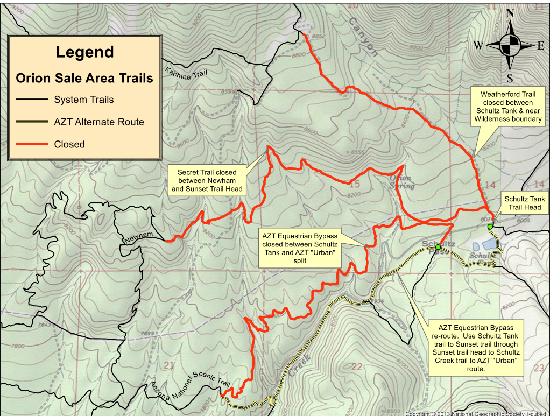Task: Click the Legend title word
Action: [85, 52]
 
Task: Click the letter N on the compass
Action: [510, 13]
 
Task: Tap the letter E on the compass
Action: [540, 46]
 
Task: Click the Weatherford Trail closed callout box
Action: [507, 107]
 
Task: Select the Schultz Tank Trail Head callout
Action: [525, 203]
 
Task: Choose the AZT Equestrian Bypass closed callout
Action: [300, 249]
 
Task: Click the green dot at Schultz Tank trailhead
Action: [490, 227]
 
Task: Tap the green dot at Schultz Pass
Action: [438, 247]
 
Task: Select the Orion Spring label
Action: [402, 182]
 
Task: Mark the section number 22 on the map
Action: [356, 366]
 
